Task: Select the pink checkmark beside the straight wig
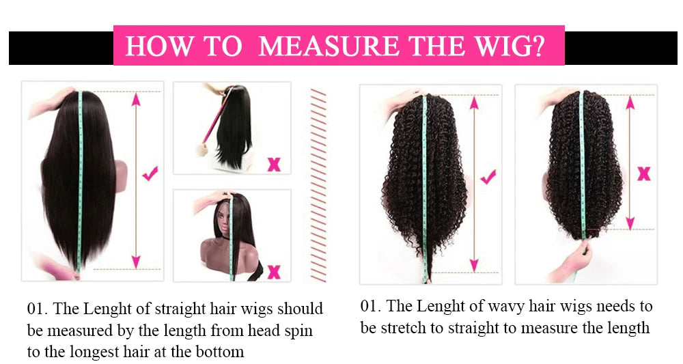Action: pos(150,174)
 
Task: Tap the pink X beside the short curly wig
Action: pos(643,174)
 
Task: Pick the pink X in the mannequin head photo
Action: pos(274,272)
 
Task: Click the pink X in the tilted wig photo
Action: pos(273,164)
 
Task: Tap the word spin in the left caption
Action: pos(300,331)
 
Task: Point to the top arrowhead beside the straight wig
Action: pos(136,100)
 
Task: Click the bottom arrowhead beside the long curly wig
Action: pos(473,264)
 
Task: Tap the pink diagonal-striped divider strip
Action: pos(318,184)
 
